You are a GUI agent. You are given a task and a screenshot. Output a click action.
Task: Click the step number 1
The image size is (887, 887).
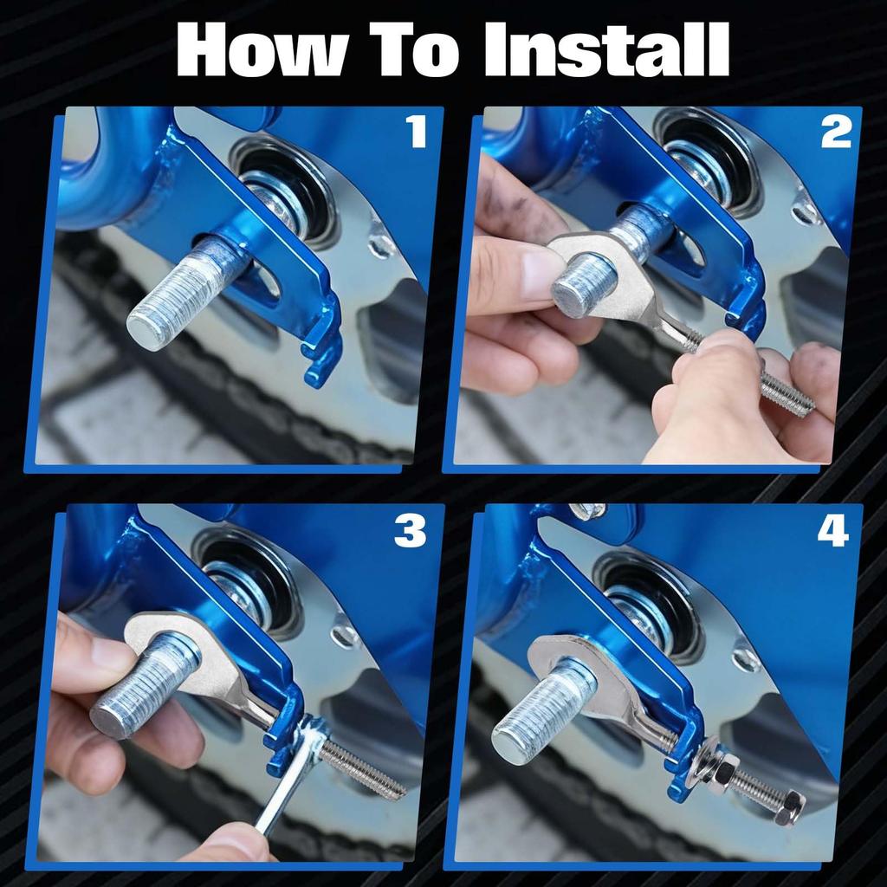[x=417, y=132]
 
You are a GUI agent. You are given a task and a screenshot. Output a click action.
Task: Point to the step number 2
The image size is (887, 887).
[x=836, y=132]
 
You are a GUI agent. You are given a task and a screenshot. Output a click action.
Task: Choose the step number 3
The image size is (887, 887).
[x=410, y=531]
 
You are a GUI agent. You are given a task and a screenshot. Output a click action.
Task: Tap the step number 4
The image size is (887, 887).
[x=832, y=531]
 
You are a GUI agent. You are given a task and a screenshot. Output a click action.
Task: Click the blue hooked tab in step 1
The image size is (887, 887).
[x=322, y=345]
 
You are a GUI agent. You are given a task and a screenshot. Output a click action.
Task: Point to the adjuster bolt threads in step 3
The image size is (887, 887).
[x=363, y=768]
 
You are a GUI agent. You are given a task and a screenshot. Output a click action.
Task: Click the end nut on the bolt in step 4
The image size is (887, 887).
[x=790, y=806]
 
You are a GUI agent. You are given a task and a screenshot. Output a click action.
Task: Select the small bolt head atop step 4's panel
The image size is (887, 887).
[x=586, y=511]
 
